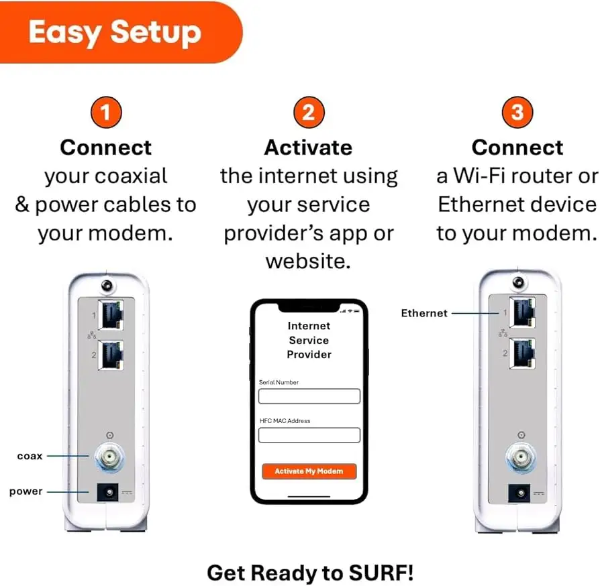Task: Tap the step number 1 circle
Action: click(107, 112)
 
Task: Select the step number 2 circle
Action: click(308, 112)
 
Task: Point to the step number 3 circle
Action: click(517, 112)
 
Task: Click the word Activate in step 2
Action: click(308, 148)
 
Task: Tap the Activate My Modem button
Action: click(309, 471)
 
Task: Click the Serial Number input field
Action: click(309, 396)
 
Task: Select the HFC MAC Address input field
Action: click(309, 435)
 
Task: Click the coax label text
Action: click(30, 456)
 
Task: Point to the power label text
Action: click(26, 491)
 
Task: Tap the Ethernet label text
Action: click(424, 313)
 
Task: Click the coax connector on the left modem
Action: click(107, 457)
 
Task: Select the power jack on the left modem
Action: click(107, 493)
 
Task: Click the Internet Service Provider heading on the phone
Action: click(309, 340)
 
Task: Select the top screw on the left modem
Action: click(107, 286)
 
